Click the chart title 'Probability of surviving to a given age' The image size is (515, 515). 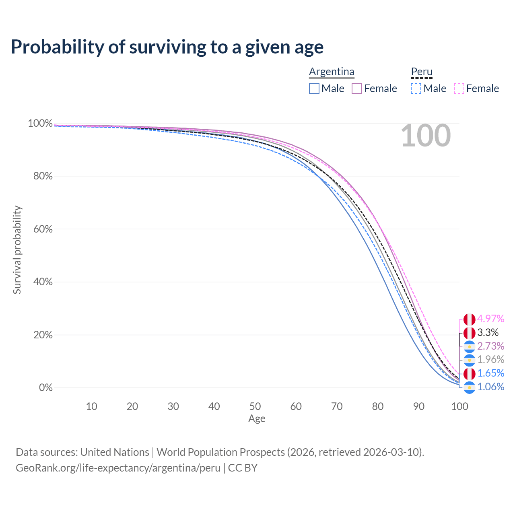coord(167,47)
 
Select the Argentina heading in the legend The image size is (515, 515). coord(332,72)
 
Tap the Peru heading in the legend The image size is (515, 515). coord(422,72)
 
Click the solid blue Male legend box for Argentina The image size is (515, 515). coord(314,89)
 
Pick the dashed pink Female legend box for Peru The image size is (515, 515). coord(459,89)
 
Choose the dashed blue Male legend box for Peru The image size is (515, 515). coord(416,89)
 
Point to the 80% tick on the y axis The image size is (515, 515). coord(43,176)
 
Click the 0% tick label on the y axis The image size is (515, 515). coord(46,387)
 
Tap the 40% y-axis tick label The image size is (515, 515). coord(43,282)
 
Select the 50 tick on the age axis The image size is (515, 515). coord(255,406)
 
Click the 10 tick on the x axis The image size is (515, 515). coord(91,406)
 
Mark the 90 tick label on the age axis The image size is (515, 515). coord(419,406)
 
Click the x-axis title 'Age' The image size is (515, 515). coord(257,418)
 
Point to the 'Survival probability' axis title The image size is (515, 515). coord(17,250)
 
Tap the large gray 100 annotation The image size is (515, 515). coord(426,136)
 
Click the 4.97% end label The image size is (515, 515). coord(491,319)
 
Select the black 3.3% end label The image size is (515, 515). coord(488,332)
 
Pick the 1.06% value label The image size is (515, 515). coord(491,387)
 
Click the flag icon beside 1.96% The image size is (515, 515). coord(469,360)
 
